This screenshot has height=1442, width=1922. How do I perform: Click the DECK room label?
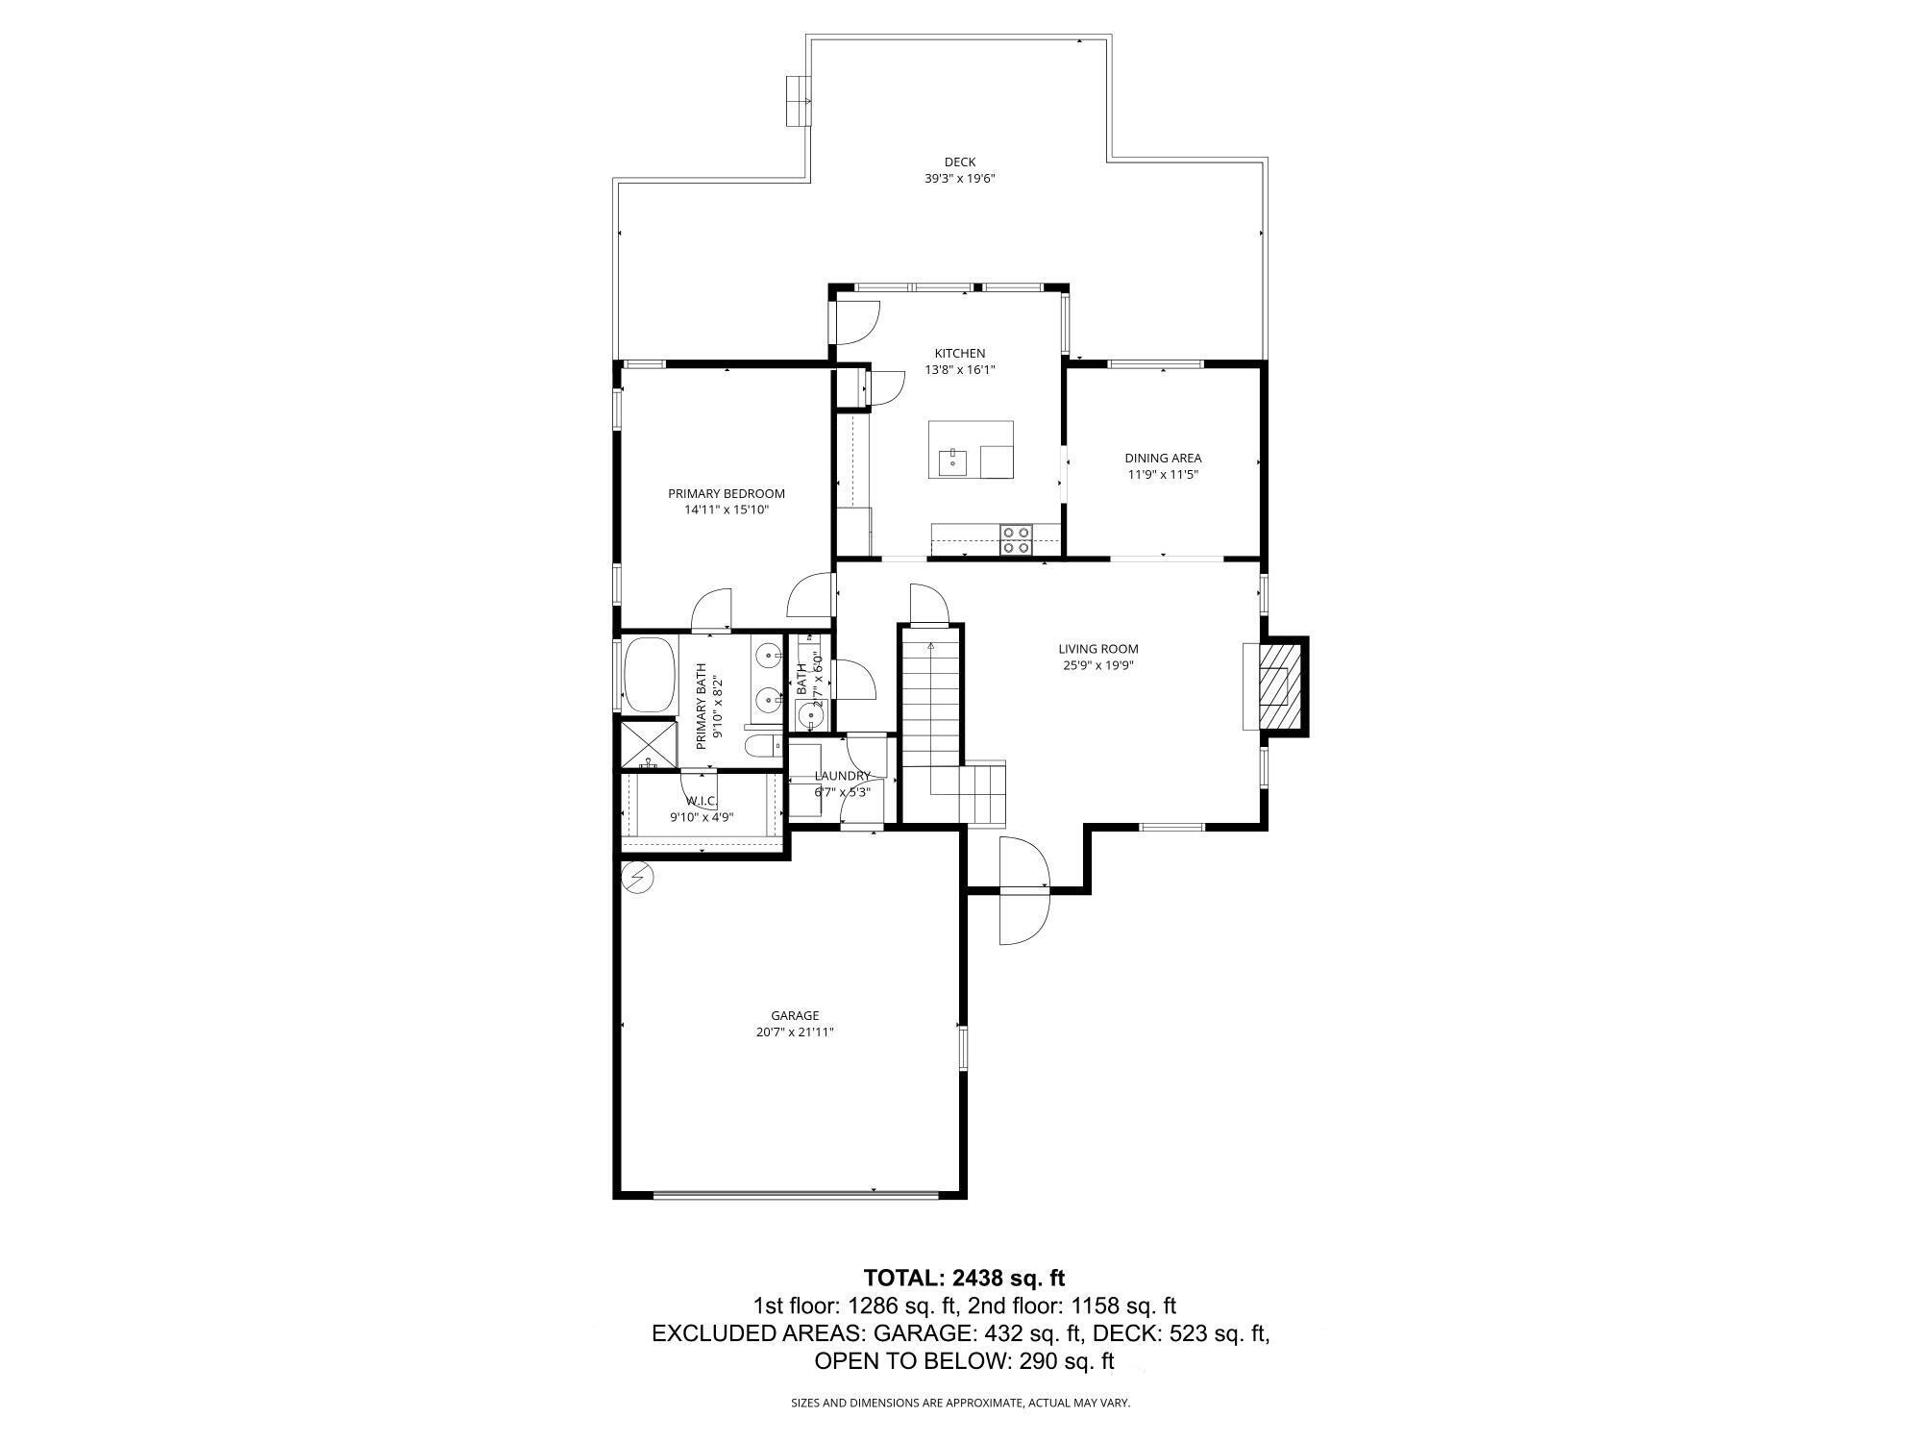[x=959, y=162]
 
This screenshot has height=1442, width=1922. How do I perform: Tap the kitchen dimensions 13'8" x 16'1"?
[x=959, y=369]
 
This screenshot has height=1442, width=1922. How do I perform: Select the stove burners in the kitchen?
[x=1016, y=539]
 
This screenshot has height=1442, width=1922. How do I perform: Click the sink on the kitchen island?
[x=953, y=460]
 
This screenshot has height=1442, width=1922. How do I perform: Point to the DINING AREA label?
[x=1163, y=459]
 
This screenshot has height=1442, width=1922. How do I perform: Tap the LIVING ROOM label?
[x=1097, y=649]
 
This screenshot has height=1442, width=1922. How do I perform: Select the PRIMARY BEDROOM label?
[x=727, y=494]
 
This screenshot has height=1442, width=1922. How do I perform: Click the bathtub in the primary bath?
[x=650, y=674]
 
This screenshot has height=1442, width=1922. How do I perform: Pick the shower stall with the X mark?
[x=649, y=745]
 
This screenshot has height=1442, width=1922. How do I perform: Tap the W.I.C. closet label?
[x=702, y=801]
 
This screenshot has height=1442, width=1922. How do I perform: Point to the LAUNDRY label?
[x=842, y=776]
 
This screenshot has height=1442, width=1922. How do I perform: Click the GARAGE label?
[x=795, y=1015]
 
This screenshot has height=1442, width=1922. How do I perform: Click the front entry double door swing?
[x=1023, y=889]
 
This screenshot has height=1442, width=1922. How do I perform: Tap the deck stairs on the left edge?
[x=797, y=101]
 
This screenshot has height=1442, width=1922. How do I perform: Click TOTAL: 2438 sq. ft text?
[x=964, y=1278]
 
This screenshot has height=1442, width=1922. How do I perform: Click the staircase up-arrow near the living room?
[x=931, y=648]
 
